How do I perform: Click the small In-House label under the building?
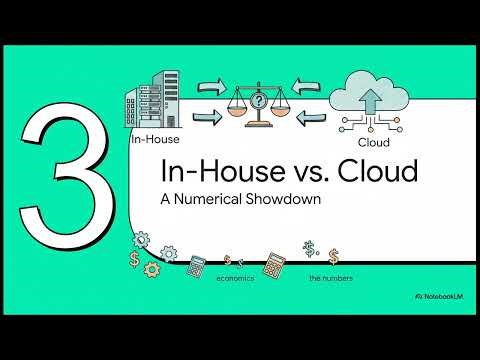point(153,141)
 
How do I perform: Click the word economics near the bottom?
point(235,277)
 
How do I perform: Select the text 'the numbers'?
point(328,277)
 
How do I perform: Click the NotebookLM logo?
point(440,298)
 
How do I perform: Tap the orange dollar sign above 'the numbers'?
point(333,258)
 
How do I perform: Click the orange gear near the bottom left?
point(151,269)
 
